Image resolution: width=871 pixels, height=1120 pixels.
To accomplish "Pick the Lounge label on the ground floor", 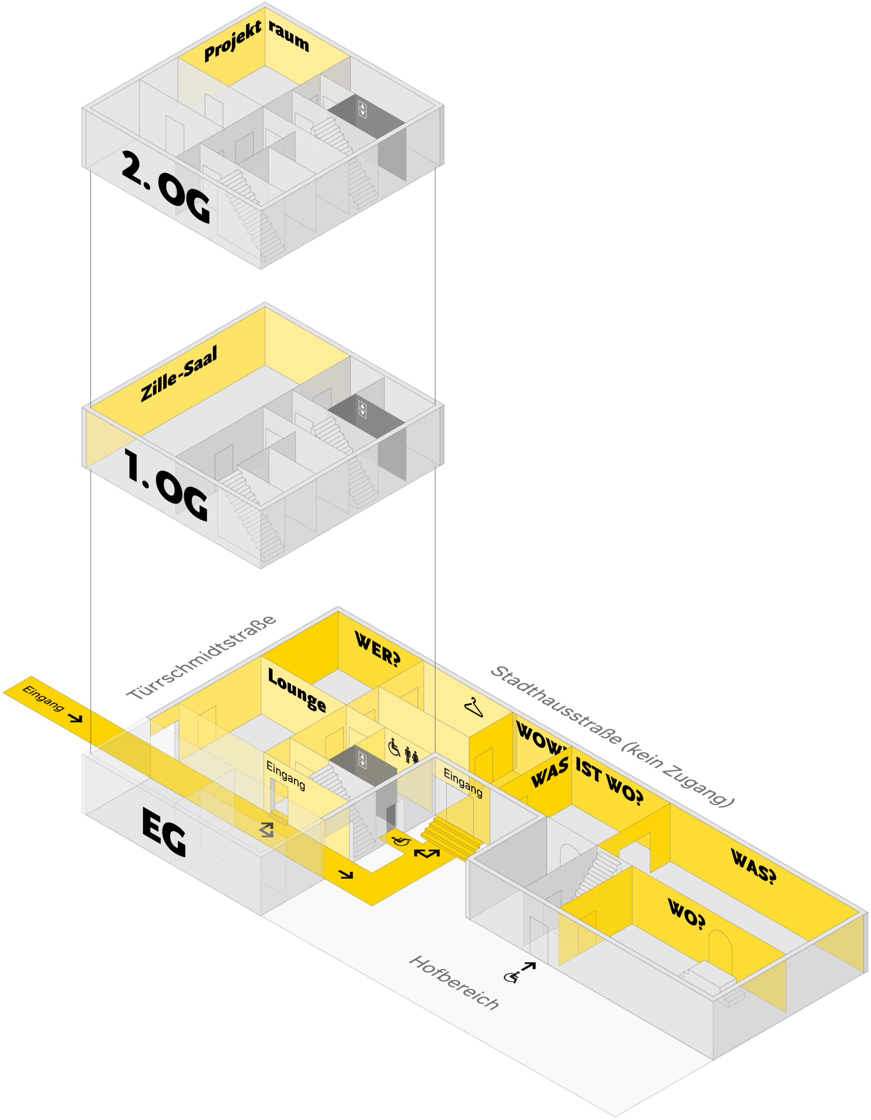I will click(297, 690).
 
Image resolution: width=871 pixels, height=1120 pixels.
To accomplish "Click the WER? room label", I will click(377, 648).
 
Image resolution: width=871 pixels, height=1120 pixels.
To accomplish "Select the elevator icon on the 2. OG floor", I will click(362, 109).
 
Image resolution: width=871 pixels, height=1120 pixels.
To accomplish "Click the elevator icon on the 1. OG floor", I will click(362, 409).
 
